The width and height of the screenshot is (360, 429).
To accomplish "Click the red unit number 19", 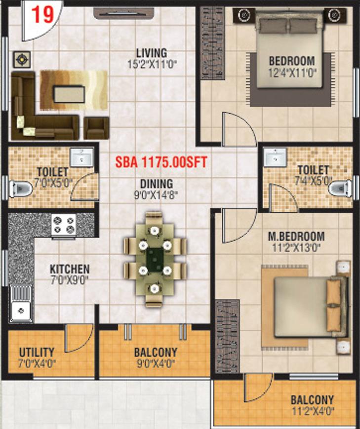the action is (x=42, y=15).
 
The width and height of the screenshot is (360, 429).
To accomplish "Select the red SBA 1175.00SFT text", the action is (x=161, y=162).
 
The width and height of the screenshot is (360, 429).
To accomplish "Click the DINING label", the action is (x=157, y=184).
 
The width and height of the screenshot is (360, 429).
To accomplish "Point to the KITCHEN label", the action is (x=70, y=269).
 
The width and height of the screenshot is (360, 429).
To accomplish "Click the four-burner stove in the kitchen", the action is (x=64, y=225).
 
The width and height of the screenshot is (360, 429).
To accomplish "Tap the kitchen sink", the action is (x=21, y=304).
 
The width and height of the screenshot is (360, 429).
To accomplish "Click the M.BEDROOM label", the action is (x=296, y=236).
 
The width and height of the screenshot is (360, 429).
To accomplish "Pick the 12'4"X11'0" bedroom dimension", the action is (x=293, y=73).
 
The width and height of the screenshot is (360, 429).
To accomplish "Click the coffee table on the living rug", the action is (x=69, y=94).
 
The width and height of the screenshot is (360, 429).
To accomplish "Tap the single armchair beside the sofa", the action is (x=96, y=128).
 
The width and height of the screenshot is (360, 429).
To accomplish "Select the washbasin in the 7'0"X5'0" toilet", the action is (x=81, y=157).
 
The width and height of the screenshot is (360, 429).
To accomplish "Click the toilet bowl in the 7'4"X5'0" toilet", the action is (x=340, y=188).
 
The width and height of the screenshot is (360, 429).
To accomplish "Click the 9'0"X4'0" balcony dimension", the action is (x=156, y=364).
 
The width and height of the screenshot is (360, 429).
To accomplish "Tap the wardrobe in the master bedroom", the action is (x=227, y=336).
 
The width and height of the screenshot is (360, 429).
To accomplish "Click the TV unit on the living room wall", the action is (x=123, y=13).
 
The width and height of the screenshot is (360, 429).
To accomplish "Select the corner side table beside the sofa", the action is (x=22, y=60).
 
